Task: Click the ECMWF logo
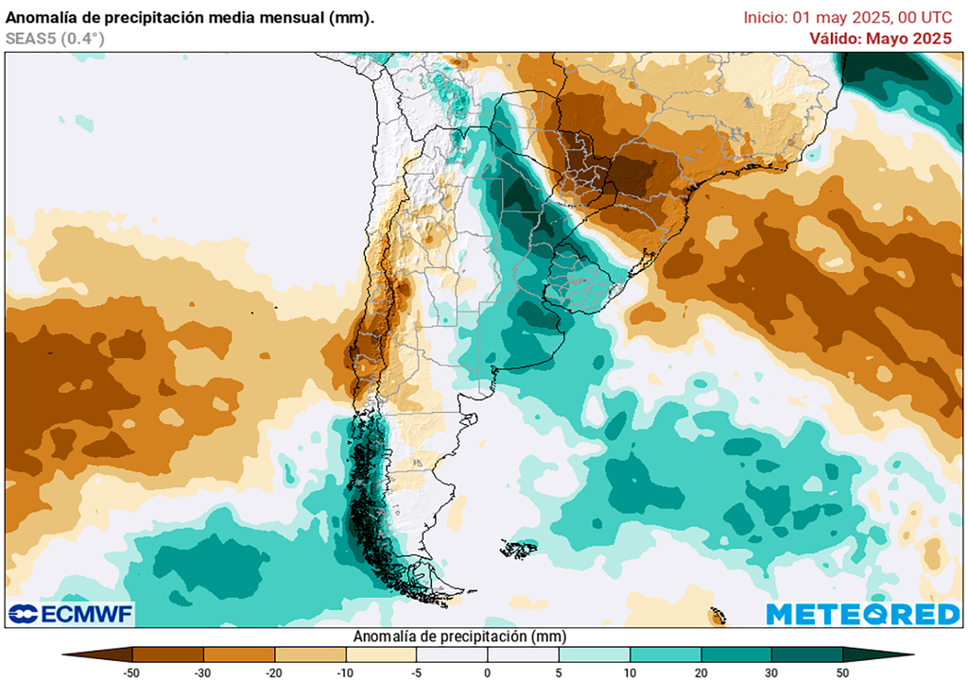click(71, 614)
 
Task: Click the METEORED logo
click(862, 614)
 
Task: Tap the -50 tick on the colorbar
click(132, 672)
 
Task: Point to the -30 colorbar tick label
click(203, 672)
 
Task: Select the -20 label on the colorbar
click(274, 672)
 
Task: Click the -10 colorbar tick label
click(345, 672)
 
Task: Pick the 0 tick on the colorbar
click(487, 672)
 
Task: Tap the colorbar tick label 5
click(558, 672)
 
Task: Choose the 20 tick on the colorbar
click(700, 672)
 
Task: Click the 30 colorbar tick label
click(771, 672)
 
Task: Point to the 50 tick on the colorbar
click(842, 672)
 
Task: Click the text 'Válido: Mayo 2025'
click(880, 39)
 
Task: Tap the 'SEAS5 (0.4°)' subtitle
click(55, 39)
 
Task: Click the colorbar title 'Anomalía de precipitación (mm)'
click(459, 637)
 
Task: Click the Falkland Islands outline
click(519, 548)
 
